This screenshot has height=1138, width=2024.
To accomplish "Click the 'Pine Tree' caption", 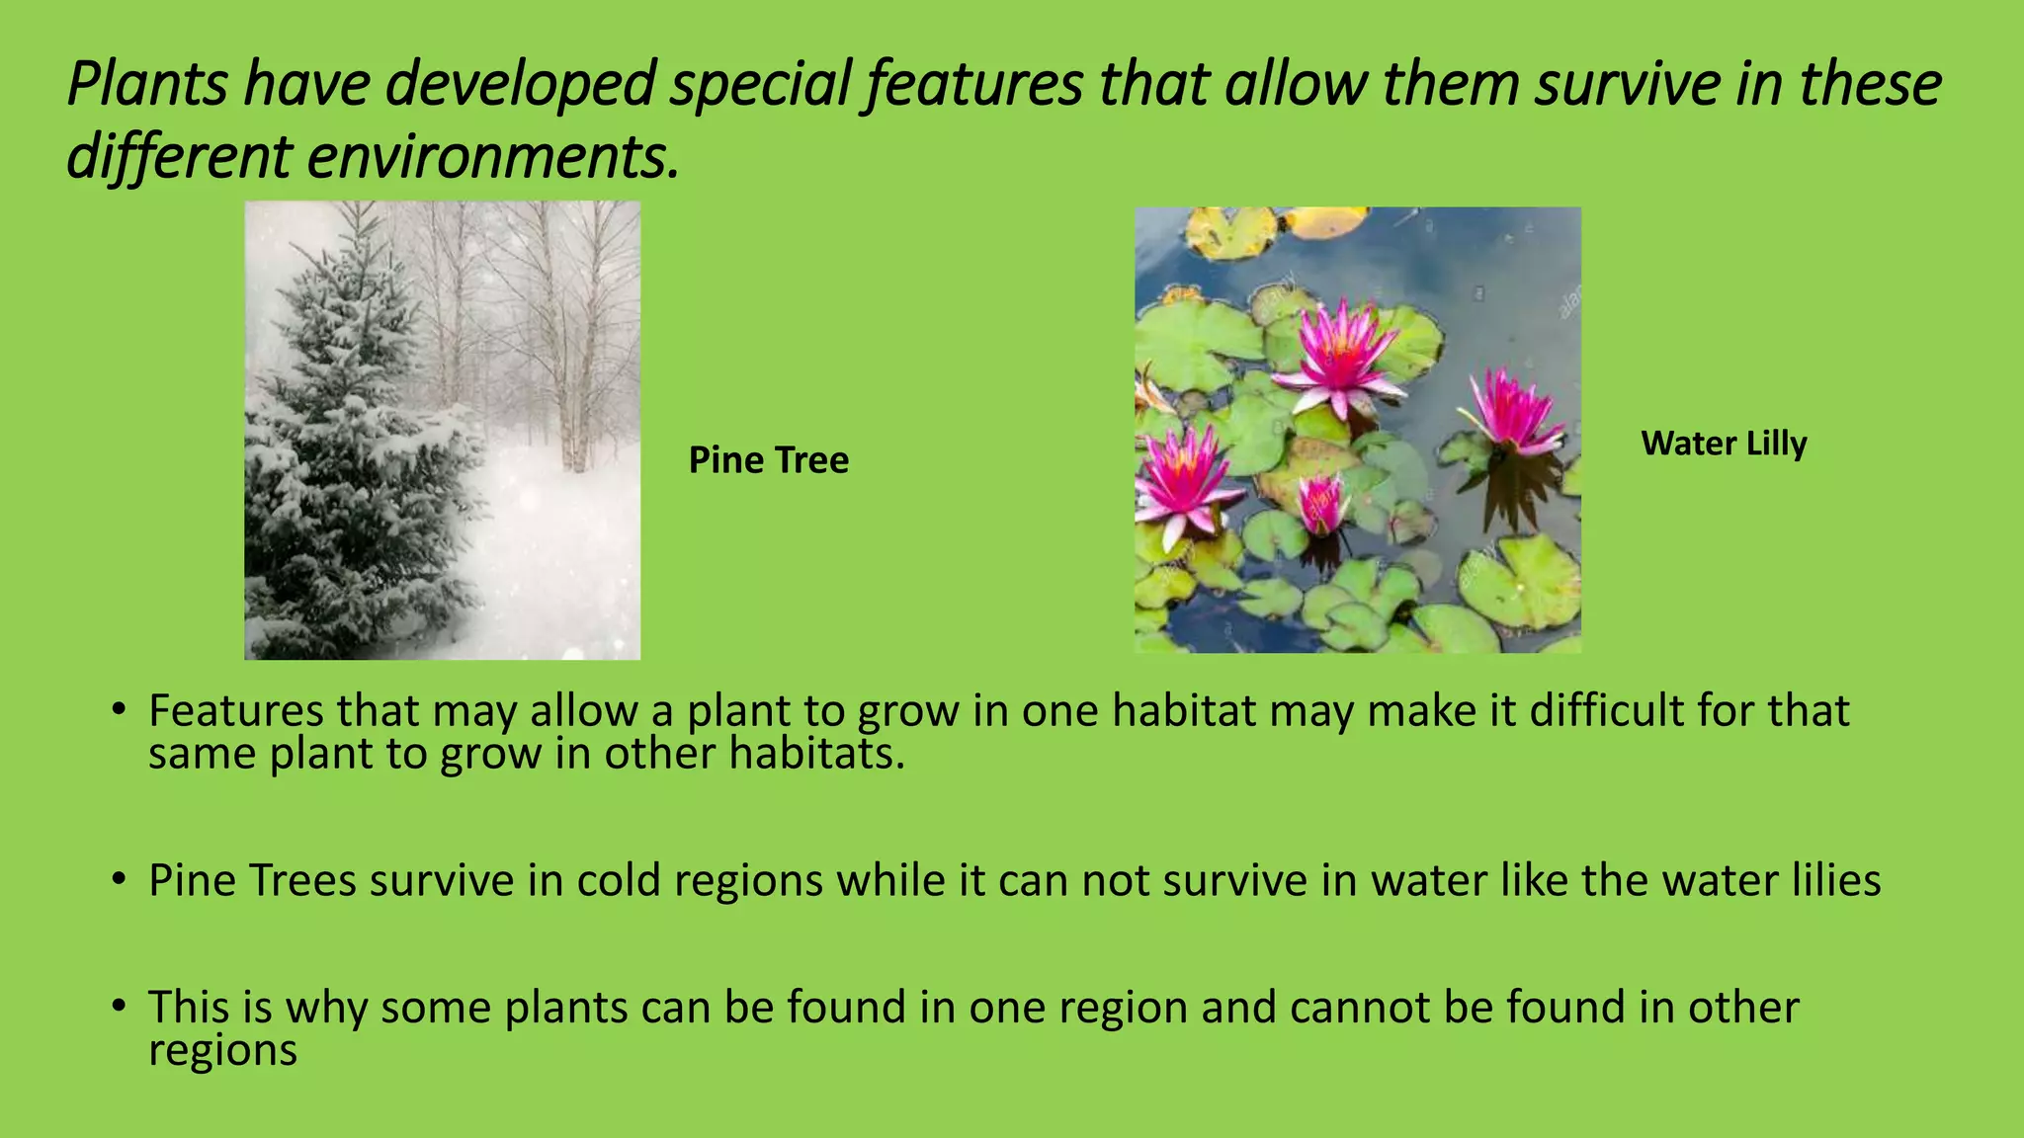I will [x=768, y=460].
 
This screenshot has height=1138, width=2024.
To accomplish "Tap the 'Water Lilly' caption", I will [x=1724, y=444].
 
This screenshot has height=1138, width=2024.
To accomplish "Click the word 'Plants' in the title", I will [x=147, y=84].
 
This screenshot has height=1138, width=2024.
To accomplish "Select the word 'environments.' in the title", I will [x=493, y=157].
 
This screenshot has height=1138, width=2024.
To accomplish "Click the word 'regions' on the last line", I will [x=222, y=1050].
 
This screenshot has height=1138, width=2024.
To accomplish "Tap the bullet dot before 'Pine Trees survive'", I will [x=119, y=878].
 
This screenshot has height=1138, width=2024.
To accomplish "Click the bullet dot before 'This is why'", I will [x=119, y=1007].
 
